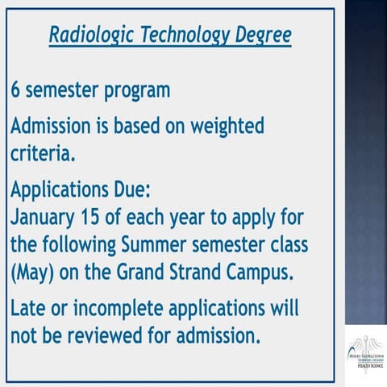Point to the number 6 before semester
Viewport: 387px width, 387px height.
click(x=16, y=89)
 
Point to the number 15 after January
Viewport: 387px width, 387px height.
click(x=93, y=218)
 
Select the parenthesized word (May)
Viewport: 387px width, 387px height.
click(x=31, y=270)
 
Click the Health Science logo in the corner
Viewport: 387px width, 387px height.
click(x=365, y=355)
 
